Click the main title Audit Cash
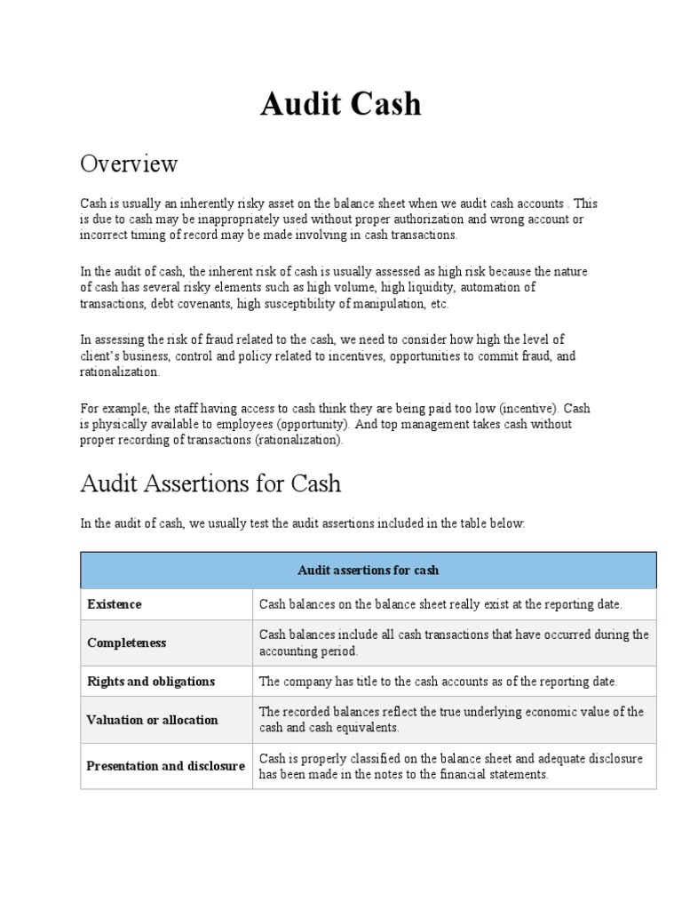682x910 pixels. (341, 105)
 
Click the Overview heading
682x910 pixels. (129, 164)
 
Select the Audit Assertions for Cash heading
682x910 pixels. (210, 484)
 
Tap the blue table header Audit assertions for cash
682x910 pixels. (368, 570)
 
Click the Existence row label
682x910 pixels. (115, 604)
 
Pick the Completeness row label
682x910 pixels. (127, 643)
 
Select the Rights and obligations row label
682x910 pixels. (151, 682)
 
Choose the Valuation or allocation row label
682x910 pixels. (152, 720)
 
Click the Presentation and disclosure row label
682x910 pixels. (166, 766)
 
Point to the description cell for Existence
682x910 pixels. (440, 604)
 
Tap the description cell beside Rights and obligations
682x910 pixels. (438, 682)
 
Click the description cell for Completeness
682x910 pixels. (453, 643)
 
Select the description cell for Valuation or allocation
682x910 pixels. (451, 720)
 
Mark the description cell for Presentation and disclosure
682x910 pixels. (451, 766)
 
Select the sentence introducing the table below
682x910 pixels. (303, 524)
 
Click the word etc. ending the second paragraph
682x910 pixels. (439, 304)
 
